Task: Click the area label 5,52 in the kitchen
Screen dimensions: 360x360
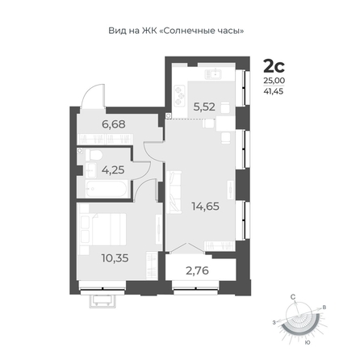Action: tap(204, 107)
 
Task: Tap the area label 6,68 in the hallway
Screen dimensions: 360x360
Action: tap(114, 124)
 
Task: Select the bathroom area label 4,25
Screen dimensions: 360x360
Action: tap(113, 170)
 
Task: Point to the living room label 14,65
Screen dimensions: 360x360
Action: tap(205, 207)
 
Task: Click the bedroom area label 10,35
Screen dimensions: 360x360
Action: tap(115, 258)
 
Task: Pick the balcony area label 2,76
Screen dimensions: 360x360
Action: tap(197, 270)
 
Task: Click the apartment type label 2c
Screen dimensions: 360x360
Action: tap(274, 66)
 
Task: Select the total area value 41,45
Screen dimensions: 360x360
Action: tap(274, 91)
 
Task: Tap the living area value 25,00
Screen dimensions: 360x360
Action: tap(274, 81)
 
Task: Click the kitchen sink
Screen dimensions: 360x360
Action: tap(213, 74)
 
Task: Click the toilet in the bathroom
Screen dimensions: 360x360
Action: tap(94, 155)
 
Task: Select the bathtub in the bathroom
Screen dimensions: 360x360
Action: tap(106, 188)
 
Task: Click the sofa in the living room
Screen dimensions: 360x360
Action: tap(174, 192)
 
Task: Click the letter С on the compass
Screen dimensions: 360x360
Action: tap(293, 297)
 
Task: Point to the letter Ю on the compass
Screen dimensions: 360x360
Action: tap(308, 342)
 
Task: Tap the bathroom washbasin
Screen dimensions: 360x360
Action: tap(91, 170)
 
